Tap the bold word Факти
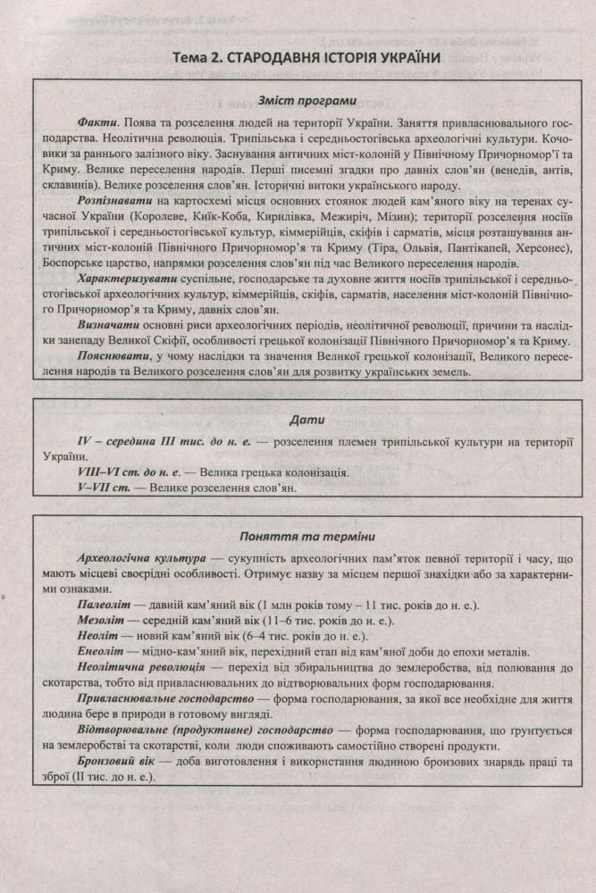pyautogui.click(x=95, y=122)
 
